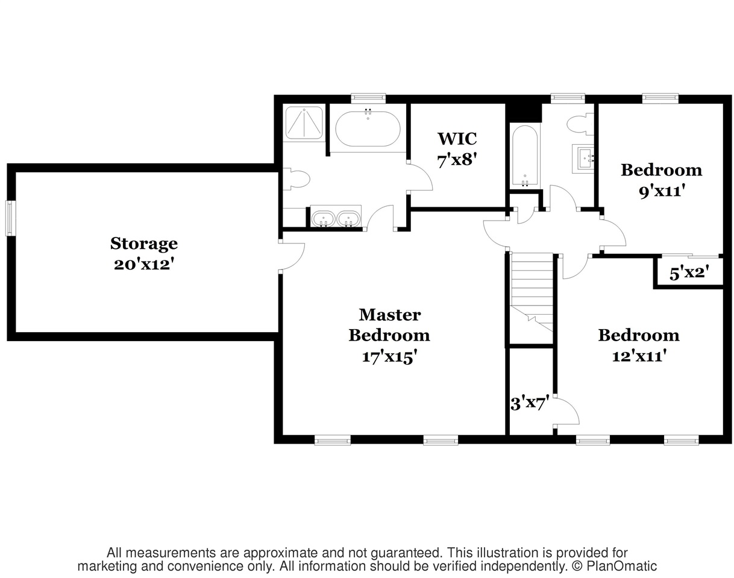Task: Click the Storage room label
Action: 144,244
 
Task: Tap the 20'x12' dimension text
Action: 142,265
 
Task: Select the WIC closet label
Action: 457,139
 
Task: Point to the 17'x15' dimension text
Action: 390,357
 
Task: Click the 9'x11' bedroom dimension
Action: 662,191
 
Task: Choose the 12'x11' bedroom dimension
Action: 639,356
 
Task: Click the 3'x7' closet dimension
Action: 530,403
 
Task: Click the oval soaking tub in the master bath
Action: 368,129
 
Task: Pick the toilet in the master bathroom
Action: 296,179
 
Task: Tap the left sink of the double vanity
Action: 322,219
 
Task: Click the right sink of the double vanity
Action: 348,219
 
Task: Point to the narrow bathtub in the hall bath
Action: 525,156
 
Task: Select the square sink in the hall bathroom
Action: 584,159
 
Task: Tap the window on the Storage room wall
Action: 10,218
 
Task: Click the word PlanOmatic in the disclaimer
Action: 621,567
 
